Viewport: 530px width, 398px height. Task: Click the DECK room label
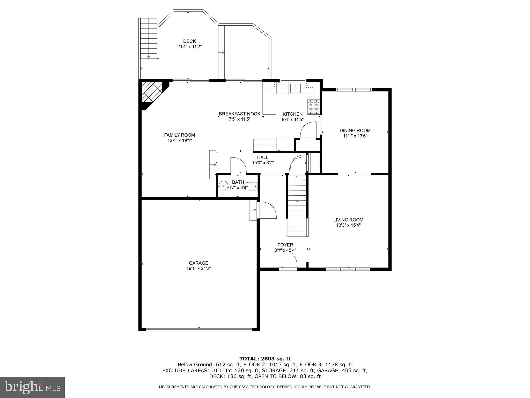tap(189, 41)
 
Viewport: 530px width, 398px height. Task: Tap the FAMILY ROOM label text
tap(179, 135)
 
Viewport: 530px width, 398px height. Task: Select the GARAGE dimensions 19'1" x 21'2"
tap(198, 269)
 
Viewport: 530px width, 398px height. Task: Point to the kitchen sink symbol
tap(295, 88)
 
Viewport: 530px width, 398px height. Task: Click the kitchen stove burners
tap(313, 107)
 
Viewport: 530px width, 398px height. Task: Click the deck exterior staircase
tap(149, 39)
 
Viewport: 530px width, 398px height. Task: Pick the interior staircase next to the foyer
tap(297, 205)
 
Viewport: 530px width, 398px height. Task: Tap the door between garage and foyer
tap(267, 210)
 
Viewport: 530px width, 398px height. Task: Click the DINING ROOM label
tap(355, 131)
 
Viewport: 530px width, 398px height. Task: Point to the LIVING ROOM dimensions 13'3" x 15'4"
tap(348, 225)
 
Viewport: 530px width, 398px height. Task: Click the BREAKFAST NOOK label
tap(240, 114)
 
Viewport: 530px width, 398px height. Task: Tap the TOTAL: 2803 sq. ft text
tap(265, 359)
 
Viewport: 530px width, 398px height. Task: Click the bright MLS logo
tap(32, 387)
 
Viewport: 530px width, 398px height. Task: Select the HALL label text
tap(263, 157)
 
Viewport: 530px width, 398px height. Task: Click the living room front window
tap(348, 269)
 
